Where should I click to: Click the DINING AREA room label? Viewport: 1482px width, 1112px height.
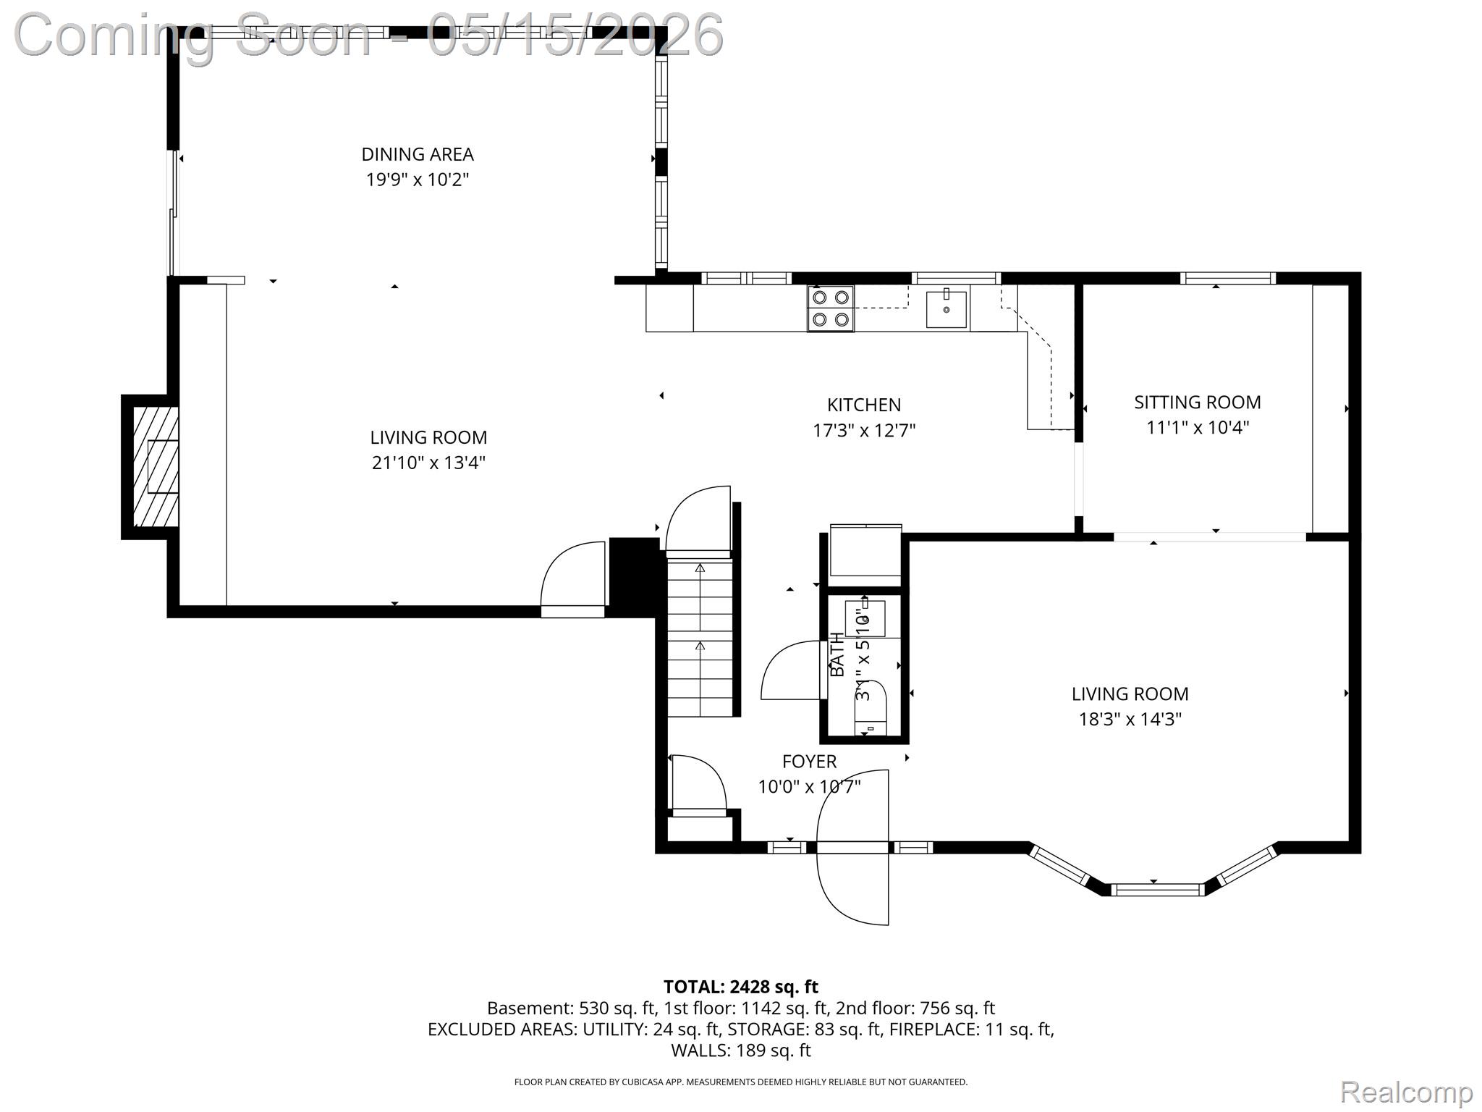418,154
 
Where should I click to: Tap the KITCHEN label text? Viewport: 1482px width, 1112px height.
864,405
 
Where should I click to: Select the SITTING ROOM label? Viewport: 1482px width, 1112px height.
1198,402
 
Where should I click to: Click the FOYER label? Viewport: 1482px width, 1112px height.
809,761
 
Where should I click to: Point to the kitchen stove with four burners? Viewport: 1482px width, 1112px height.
831,308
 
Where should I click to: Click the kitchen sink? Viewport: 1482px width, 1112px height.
947,308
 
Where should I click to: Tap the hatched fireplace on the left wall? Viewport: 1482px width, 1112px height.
156,467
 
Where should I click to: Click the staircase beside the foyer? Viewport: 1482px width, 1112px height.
700,633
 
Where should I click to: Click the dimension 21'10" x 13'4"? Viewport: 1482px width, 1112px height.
428,463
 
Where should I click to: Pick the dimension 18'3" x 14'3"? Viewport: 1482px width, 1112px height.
1130,719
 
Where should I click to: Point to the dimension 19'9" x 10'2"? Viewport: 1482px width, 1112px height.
418,180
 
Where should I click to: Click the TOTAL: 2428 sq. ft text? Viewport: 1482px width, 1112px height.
741,987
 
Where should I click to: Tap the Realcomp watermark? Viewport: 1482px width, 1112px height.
1406,1092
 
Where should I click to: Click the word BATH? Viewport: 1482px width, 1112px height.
837,655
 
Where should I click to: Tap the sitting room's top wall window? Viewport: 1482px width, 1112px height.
1228,278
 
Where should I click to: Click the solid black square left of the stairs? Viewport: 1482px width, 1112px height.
634,577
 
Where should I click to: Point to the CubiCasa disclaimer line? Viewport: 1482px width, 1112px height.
741,1082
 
